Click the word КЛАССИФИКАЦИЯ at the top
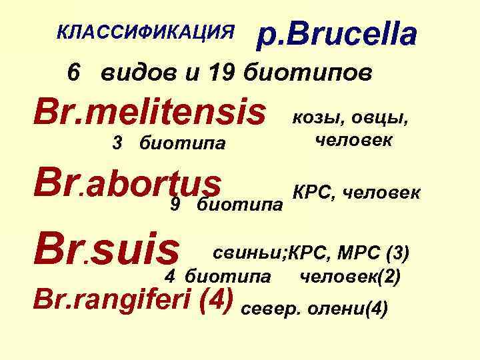pos(146,31)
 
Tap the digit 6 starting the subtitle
pos(75,71)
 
